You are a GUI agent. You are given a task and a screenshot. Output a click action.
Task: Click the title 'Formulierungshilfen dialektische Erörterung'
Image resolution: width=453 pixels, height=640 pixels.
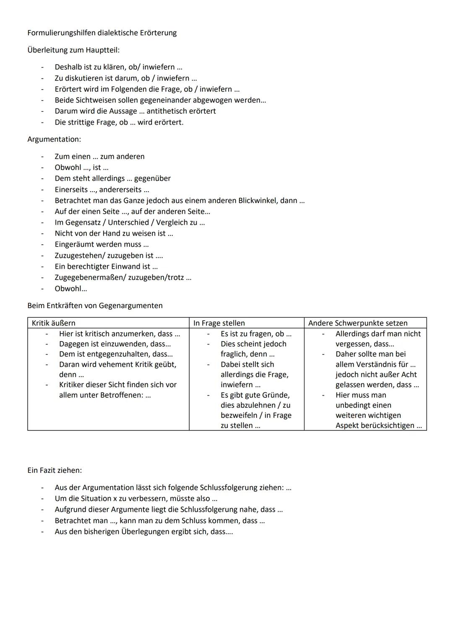pyautogui.click(x=102, y=33)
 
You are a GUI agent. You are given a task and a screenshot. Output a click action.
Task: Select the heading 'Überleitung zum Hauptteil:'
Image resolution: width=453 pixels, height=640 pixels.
pyautogui.click(x=73, y=50)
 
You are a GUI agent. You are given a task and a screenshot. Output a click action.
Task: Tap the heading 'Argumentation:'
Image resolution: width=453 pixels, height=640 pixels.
pyautogui.click(x=54, y=139)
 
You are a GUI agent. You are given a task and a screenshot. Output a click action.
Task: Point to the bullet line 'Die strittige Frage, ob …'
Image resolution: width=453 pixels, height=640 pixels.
pyautogui.click(x=119, y=122)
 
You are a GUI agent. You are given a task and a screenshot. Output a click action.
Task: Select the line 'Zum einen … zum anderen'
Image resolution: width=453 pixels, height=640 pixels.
pyautogui.click(x=99, y=156)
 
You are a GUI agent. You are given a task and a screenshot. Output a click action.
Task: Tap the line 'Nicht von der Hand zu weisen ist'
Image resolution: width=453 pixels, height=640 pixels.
pyautogui.click(x=114, y=233)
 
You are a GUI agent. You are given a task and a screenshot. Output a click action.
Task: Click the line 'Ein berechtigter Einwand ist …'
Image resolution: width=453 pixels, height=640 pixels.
pyautogui.click(x=106, y=267)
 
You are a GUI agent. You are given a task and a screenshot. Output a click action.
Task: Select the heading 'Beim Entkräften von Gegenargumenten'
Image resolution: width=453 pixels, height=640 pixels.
pyautogui.click(x=95, y=306)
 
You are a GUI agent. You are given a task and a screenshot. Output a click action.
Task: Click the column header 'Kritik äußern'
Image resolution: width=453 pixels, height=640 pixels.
pyautogui.click(x=54, y=323)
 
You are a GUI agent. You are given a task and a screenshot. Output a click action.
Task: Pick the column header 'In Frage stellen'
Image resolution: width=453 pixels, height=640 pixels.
pyautogui.click(x=219, y=323)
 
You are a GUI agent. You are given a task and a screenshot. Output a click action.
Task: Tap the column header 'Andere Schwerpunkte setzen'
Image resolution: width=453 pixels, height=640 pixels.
pyautogui.click(x=358, y=323)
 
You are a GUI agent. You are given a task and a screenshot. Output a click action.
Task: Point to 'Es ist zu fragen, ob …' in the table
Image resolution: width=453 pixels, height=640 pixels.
pyautogui.click(x=256, y=334)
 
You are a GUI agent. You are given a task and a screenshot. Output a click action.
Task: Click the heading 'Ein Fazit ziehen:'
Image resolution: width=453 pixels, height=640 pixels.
pyautogui.click(x=55, y=470)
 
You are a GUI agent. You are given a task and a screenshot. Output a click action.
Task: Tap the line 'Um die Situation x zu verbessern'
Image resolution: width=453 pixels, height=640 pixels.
pyautogui.click(x=136, y=499)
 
